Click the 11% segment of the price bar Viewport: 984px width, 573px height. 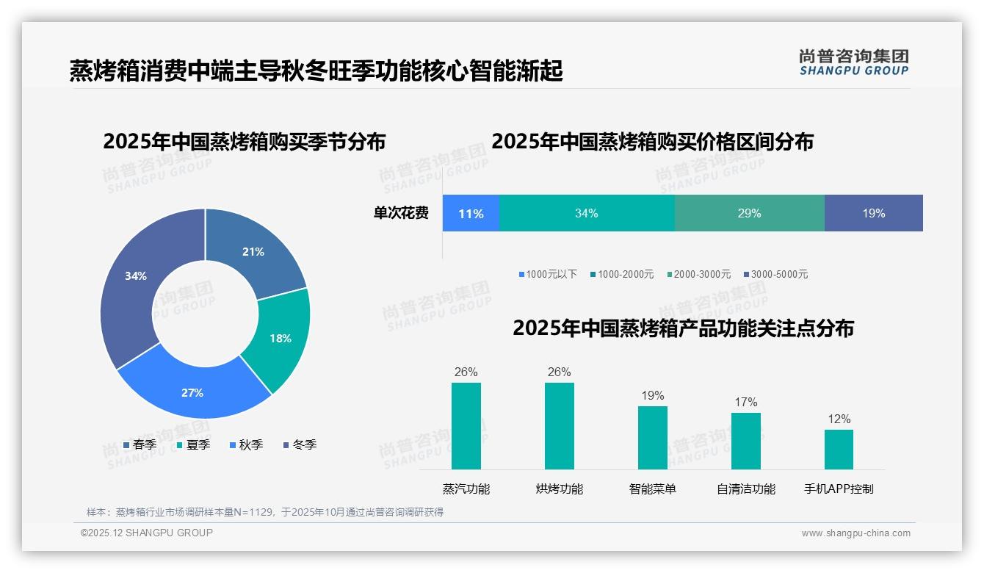pyautogui.click(x=471, y=214)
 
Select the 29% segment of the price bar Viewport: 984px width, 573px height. pyautogui.click(x=749, y=214)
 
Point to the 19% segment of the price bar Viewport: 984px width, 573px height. pyautogui.click(x=873, y=214)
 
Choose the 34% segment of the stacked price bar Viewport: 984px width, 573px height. pyautogui.click(x=586, y=214)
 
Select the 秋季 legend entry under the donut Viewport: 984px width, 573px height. pyautogui.click(x=250, y=444)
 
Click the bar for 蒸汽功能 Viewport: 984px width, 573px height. pyautogui.click(x=466, y=426)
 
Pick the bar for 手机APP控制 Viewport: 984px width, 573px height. pyautogui.click(x=839, y=450)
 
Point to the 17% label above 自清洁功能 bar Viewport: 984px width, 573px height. pyautogui.click(x=745, y=402)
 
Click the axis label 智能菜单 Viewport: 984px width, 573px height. pyautogui.click(x=652, y=489)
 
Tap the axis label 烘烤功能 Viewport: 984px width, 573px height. pyautogui.click(x=559, y=489)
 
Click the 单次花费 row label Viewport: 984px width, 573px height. pyautogui.click(x=401, y=214)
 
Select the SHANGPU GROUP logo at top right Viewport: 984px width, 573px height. pyautogui.click(x=853, y=62)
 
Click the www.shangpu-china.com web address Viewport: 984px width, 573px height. pyautogui.click(x=855, y=533)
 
